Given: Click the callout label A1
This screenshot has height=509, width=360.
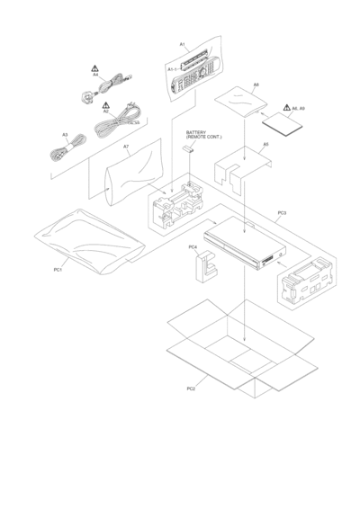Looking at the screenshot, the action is point(183,44).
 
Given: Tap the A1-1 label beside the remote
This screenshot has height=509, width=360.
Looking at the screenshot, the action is point(172,69).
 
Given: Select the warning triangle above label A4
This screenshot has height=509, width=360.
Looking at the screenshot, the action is point(94,68).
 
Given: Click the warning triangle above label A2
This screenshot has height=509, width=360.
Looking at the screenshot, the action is point(105,105).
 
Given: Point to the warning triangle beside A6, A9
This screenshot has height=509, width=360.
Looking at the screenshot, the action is point(286,107).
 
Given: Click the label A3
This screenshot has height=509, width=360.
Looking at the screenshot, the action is point(65,135).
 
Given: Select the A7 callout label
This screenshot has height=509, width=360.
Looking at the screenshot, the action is point(126,147).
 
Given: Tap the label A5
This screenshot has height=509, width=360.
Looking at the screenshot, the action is point(265,144).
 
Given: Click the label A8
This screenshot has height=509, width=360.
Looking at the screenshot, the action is point(256,85).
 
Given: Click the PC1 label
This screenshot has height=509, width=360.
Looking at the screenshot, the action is point(58,270).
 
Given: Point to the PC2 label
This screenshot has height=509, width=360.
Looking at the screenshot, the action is point(191,388).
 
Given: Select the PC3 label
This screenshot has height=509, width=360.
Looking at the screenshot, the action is point(282,213).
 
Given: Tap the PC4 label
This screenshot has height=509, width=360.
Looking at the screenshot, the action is point(193,247).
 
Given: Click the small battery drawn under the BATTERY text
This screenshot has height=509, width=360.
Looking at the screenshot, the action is point(187,148).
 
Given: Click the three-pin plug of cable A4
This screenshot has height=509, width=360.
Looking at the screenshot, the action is point(87,96).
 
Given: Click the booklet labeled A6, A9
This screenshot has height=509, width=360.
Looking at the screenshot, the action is point(282,124).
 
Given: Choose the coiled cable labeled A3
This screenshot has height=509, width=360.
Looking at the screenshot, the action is point(67,148).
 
